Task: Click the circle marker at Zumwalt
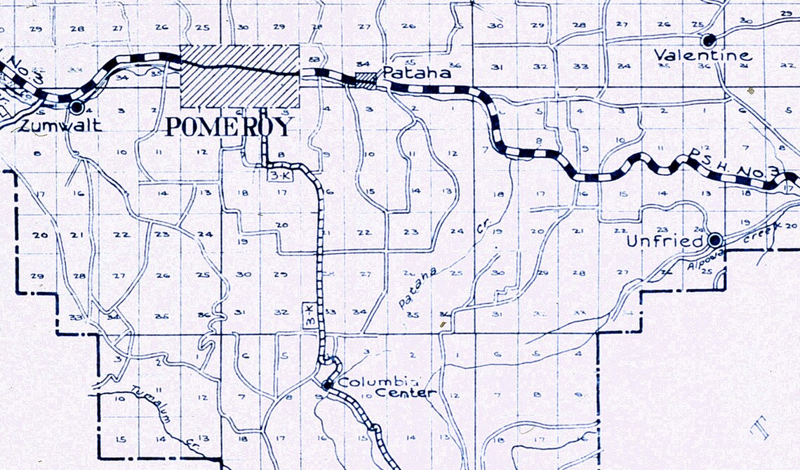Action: click(76, 108)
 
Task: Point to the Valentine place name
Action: click(702, 55)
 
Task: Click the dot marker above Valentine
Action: click(709, 39)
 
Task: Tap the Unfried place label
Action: click(664, 241)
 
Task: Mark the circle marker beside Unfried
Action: click(715, 241)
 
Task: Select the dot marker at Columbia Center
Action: click(327, 384)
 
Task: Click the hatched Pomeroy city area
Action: click(240, 76)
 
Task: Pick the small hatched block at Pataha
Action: click(365, 79)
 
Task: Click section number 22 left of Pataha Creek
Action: click(363, 232)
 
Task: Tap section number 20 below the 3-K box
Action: click(281, 224)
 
